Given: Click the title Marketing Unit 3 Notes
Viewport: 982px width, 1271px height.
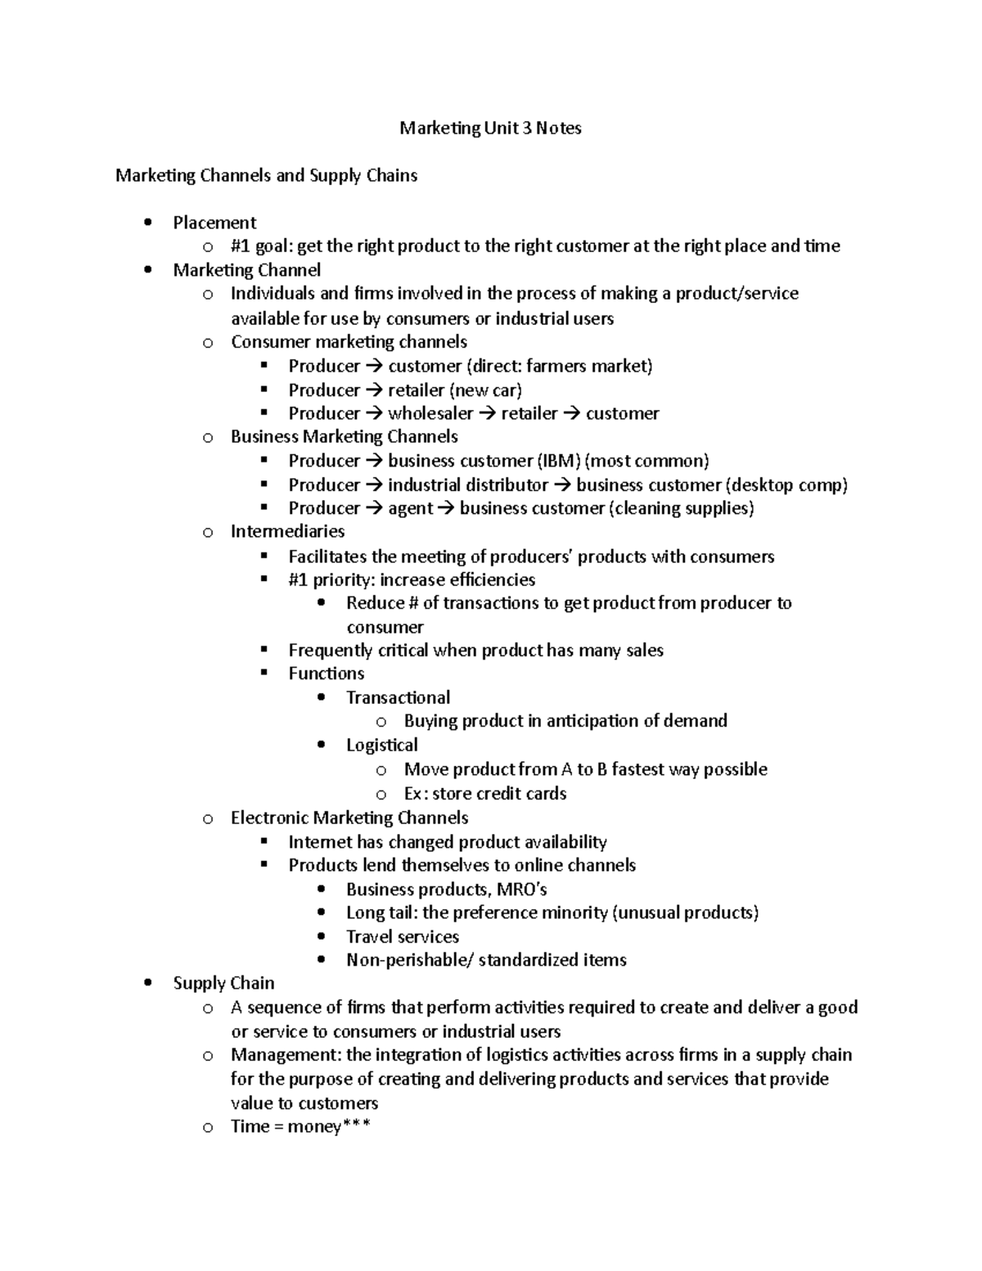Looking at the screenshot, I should pos(490,128).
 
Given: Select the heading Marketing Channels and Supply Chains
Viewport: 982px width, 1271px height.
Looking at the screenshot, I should pos(266,176).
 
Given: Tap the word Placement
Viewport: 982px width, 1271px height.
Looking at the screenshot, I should pos(214,223).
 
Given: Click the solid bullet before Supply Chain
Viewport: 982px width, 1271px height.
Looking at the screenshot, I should pos(147,983).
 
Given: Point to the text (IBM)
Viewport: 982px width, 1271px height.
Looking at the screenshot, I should pos(558,461).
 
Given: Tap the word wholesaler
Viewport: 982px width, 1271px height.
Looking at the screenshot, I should pos(430,414).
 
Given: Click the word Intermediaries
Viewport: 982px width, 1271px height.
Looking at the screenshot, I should pos(287,532).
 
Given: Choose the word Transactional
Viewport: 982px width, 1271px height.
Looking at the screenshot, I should pos(398,698).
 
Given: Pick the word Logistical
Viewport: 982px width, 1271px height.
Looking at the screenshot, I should pos(381,746).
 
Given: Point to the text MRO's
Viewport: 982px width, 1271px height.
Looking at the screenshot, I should pos(521,890).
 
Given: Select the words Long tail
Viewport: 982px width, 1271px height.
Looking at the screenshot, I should pos(381,913).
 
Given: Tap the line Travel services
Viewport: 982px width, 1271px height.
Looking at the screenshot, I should pos(402,937).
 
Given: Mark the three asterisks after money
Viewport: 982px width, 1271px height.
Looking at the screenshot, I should pos(357,1126).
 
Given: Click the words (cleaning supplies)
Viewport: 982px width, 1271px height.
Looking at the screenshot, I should pos(681,508).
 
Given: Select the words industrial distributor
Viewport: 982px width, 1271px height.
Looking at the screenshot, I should pos(468,485).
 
